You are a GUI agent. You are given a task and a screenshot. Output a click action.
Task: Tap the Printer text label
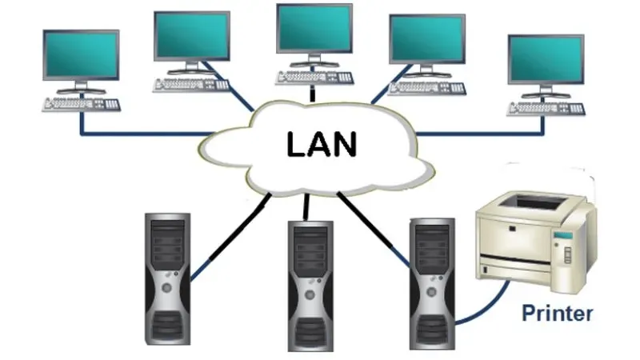click(557, 313)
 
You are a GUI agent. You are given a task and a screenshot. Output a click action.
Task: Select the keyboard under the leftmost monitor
click(82, 104)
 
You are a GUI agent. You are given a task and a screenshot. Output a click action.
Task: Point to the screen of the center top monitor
click(314, 28)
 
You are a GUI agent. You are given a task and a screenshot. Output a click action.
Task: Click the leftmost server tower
click(167, 277)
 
